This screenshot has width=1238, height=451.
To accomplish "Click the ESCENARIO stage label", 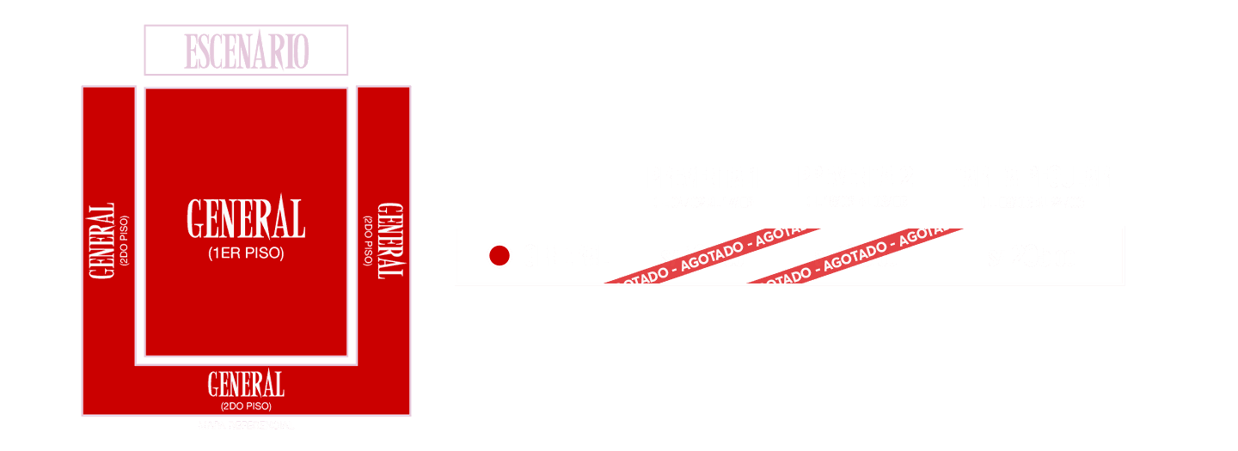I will point(246,51).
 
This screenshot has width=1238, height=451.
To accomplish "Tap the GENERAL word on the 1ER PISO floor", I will point(246,219).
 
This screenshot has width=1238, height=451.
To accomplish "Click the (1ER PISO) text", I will point(246,253).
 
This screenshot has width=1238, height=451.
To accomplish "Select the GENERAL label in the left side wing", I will point(101,241).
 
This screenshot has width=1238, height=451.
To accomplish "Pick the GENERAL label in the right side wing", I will point(391,240).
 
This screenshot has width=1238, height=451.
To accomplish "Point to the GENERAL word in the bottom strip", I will point(246,384).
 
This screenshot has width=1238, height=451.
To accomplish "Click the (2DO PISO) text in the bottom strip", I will point(246,405).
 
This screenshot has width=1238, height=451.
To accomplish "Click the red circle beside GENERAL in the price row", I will point(499,256).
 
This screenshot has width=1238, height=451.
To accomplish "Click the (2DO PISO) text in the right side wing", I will point(369,240).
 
